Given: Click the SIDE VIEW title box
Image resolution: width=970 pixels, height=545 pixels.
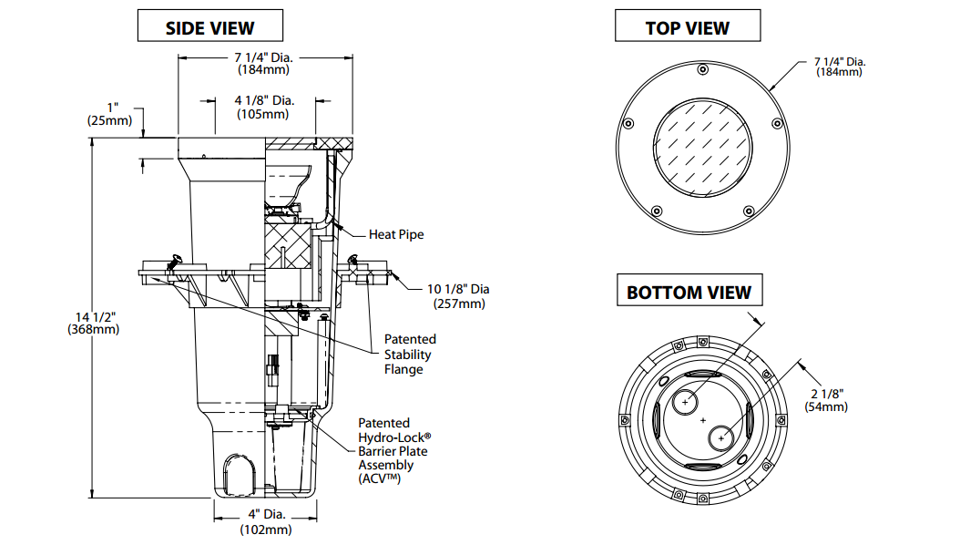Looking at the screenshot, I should click(x=209, y=27).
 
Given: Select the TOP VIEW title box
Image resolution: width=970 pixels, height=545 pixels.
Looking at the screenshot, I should click(x=687, y=27).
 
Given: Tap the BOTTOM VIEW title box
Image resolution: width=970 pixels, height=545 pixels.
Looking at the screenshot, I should click(x=689, y=292).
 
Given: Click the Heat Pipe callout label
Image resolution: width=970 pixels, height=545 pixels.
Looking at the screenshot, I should click(x=396, y=234).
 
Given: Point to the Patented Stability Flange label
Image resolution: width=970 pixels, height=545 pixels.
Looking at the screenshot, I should click(x=409, y=355).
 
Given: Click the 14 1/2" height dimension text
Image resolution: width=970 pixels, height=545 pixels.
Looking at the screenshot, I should click(x=93, y=323).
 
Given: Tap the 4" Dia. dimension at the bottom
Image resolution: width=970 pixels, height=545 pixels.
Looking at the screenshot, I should click(x=265, y=522).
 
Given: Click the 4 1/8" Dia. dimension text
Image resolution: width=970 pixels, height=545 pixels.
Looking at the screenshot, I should click(x=264, y=107).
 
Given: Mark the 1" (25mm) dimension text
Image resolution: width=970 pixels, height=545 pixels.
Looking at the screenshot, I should click(x=109, y=113).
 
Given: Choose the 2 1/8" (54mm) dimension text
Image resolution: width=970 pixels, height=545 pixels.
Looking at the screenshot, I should click(x=827, y=399).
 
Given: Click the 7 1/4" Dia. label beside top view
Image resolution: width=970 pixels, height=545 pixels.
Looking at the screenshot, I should click(x=839, y=67).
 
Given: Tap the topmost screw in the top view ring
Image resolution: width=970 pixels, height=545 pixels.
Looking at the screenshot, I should click(x=701, y=70).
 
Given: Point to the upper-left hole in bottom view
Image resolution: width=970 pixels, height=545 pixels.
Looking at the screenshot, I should click(x=686, y=402).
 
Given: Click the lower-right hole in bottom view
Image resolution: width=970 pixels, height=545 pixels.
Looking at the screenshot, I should click(x=721, y=437).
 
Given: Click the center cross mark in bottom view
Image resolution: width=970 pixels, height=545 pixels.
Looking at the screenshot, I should click(x=704, y=420).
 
